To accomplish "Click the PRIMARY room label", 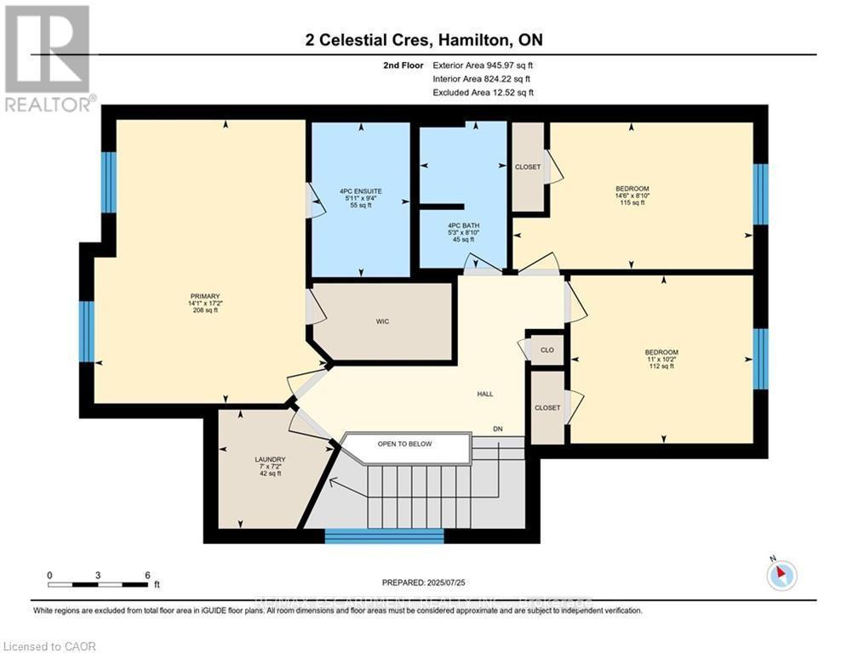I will tap(205, 296).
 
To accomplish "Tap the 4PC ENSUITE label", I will tap(360, 191).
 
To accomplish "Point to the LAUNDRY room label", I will tap(270, 459).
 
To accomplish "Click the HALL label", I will tap(485, 394).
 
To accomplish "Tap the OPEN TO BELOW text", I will tap(405, 444).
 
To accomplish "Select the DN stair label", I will tap(498, 429).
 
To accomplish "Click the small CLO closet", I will tap(547, 349).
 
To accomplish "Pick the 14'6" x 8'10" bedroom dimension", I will tap(632, 196).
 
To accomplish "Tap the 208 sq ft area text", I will tap(205, 310).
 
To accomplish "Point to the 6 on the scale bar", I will tap(147, 576).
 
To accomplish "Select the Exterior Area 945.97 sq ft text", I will tap(483, 65).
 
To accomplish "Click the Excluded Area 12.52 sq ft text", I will tap(483, 92).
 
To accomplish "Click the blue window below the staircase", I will tap(385, 536).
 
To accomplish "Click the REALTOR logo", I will tap(48, 58).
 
